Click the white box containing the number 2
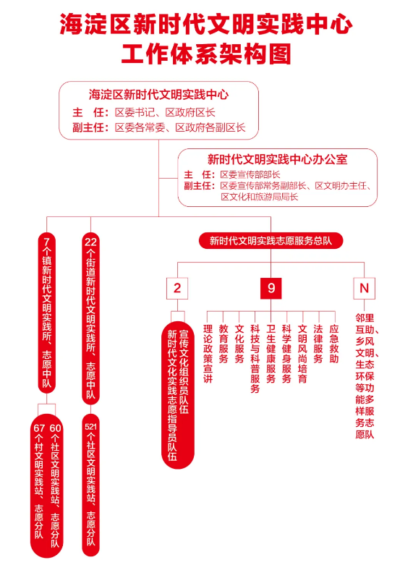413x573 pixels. pyautogui.click(x=177, y=289)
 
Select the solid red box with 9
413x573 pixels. pyautogui.click(x=271, y=289)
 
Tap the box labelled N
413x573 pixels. pyautogui.click(x=364, y=289)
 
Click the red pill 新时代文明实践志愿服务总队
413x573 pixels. pyautogui.click(x=271, y=241)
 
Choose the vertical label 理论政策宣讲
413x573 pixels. pyautogui.click(x=208, y=353)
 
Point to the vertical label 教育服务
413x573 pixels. pyautogui.click(x=223, y=344)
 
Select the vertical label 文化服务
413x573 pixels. pyautogui.click(x=239, y=344)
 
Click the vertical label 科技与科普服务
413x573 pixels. pyautogui.click(x=255, y=359)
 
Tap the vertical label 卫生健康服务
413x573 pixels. pyautogui.click(x=271, y=353)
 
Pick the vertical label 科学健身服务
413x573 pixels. pyautogui.click(x=286, y=353)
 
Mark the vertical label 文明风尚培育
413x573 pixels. pyautogui.click(x=302, y=353)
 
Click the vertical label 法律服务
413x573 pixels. pyautogui.click(x=318, y=344)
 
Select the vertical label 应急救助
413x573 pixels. pyautogui.click(x=334, y=344)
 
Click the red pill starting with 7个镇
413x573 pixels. pyautogui.click(x=47, y=313)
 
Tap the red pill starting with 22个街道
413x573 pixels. pyautogui.click(x=90, y=318)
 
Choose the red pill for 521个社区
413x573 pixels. pyautogui.click(x=90, y=485)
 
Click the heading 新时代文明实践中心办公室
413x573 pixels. pyautogui.click(x=278, y=159)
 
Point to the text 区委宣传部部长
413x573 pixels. pyautogui.click(x=250, y=174)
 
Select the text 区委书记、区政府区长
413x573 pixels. pyautogui.click(x=165, y=112)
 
